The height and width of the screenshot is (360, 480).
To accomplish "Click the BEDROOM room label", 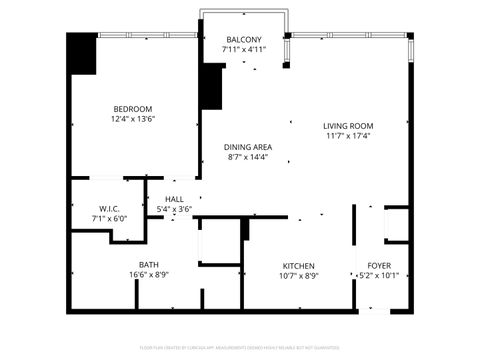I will tap(132, 108).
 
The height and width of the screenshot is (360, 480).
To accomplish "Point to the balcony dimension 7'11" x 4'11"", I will tap(243, 48).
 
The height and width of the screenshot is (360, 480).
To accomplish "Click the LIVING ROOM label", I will tap(347, 125).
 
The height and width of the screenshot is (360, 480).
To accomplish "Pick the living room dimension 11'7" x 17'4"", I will tap(347, 136).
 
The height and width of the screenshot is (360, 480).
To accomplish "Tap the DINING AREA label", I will tap(249, 146).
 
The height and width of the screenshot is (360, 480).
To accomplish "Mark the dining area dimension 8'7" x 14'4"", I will tap(249, 157).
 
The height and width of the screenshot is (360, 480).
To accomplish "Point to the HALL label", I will tap(174, 198).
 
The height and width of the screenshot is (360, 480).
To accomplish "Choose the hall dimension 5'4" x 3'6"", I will tap(174, 208).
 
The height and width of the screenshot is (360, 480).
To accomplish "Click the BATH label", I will tap(148, 264).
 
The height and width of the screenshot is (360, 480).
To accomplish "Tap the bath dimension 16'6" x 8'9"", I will tap(148, 274).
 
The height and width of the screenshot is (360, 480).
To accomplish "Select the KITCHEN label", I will tap(298, 265).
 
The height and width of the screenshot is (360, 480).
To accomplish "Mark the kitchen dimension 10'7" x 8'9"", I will tap(298, 275).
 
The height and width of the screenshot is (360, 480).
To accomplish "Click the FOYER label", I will tap(379, 265).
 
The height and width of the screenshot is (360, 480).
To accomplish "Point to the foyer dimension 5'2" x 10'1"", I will tap(379, 275).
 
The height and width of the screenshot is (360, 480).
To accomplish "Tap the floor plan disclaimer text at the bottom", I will tap(240, 348).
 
